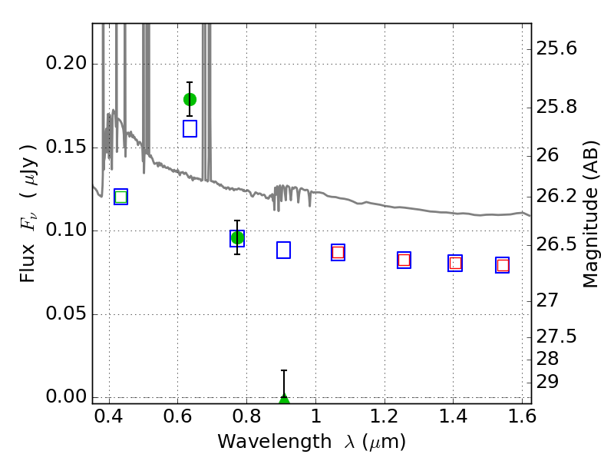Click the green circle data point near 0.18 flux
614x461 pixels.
(x=190, y=100)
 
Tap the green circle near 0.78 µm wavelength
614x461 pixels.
(x=237, y=238)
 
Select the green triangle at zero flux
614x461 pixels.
(x=284, y=399)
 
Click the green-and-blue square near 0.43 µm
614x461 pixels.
(x=120, y=197)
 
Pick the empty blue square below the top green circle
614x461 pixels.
(x=190, y=128)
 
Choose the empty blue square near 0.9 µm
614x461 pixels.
(x=283, y=250)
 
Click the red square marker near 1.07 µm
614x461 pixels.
(x=338, y=253)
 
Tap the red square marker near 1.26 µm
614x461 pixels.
(x=404, y=260)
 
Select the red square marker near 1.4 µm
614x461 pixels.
(x=455, y=263)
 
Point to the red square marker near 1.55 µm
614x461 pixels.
(x=503, y=265)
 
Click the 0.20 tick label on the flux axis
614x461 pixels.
(x=66, y=63)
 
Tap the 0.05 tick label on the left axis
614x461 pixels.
(x=66, y=313)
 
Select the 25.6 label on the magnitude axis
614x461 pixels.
(x=556, y=48)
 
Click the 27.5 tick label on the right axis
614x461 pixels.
(x=556, y=337)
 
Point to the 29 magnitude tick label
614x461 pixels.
(x=547, y=381)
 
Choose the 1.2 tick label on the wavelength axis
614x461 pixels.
(x=385, y=416)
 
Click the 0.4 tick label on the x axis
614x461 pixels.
(x=109, y=416)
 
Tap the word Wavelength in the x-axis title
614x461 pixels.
(x=275, y=442)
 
